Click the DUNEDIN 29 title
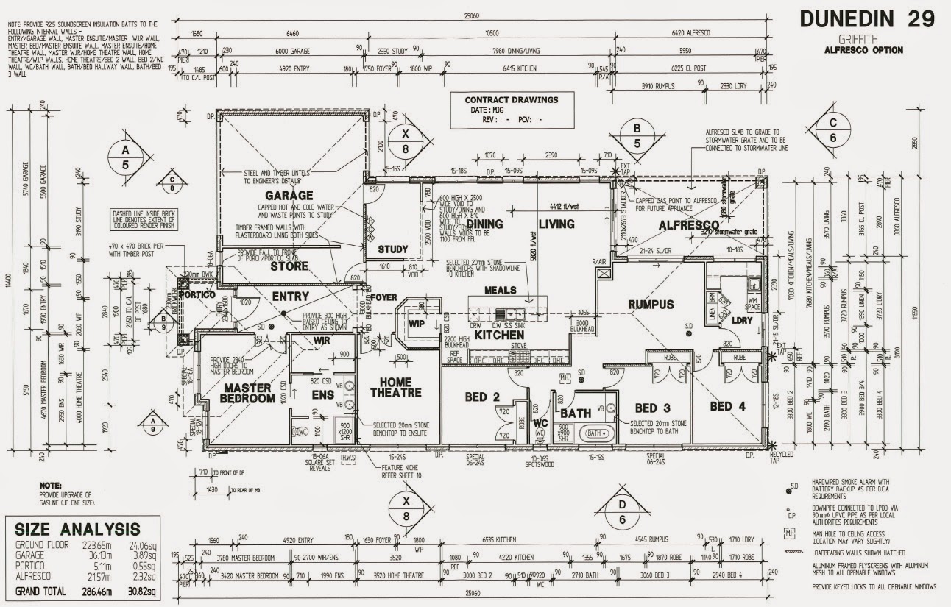[866, 19]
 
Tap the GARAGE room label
[289, 196]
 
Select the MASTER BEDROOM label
[248, 393]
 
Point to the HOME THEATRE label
[400, 387]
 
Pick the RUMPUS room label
[651, 304]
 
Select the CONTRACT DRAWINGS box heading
[512, 99]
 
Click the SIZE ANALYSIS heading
[77, 528]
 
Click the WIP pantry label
[416, 322]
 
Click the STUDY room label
[392, 249]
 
